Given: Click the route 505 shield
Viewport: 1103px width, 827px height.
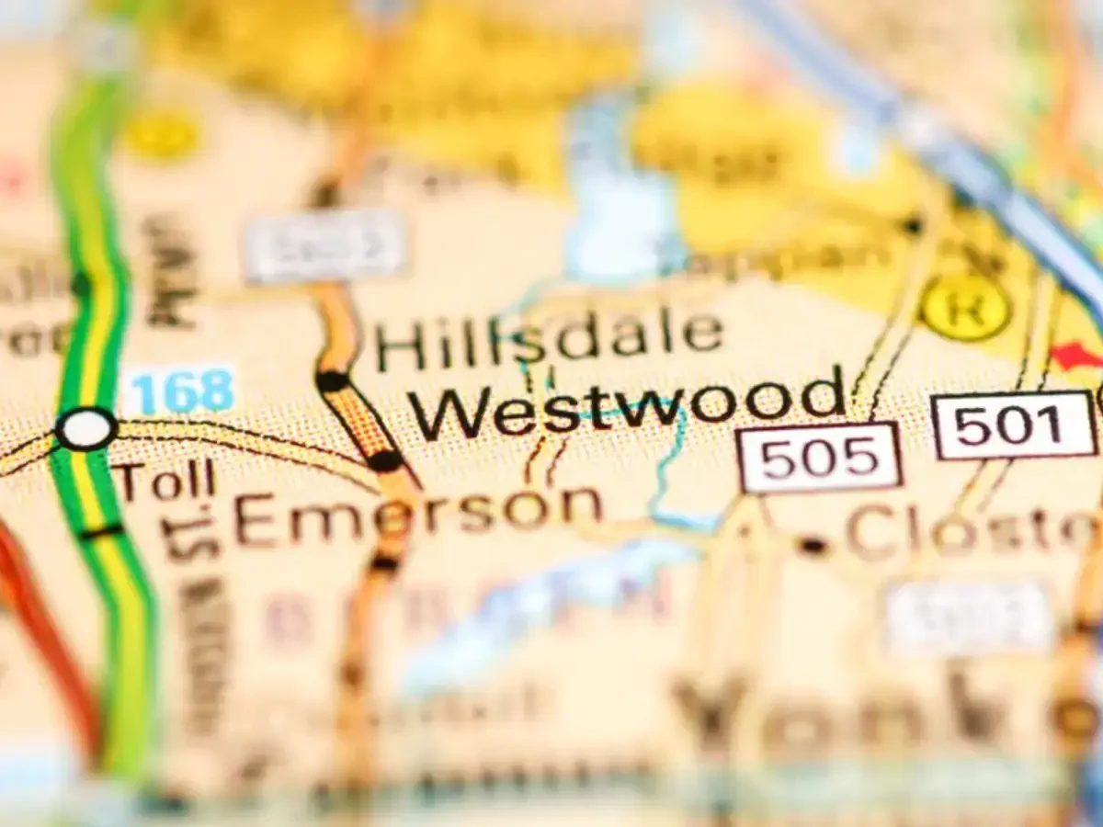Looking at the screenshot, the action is tap(819, 458).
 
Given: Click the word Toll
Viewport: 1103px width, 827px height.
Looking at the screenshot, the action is tap(166, 481).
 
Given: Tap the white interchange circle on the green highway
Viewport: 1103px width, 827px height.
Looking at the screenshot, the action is tap(85, 429).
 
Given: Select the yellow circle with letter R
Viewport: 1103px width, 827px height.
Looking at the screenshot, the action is tap(965, 307).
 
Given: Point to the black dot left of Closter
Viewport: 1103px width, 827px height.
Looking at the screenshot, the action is tap(812, 545).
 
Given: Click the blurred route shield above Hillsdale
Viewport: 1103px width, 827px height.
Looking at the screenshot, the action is tap(326, 245).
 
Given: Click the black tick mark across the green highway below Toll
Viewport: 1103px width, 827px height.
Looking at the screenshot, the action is tap(101, 531).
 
